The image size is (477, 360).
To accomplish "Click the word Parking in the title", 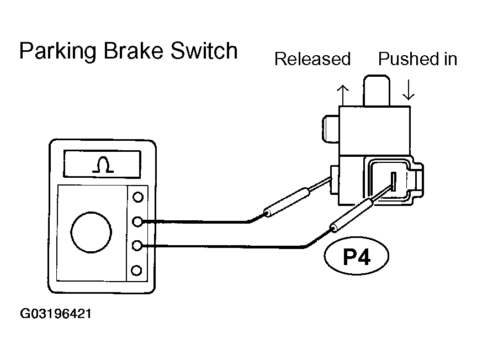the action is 58,51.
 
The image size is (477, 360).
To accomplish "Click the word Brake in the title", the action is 134,50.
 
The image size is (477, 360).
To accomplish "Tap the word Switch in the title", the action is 204,50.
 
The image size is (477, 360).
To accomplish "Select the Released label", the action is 312,59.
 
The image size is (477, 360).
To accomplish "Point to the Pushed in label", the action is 418,59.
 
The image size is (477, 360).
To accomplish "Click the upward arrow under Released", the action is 343,95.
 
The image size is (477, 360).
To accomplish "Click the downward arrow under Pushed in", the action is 409,90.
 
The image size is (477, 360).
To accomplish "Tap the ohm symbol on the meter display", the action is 103,165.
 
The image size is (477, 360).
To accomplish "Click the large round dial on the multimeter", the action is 91,232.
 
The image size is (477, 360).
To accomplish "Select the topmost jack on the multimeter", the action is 138,197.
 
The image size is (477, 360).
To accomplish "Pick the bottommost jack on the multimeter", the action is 136,270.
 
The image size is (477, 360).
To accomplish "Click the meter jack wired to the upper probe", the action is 137,221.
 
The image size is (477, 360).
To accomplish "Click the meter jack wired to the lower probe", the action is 137,245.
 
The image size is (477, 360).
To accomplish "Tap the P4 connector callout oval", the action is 357,256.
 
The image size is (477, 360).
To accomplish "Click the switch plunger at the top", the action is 377,91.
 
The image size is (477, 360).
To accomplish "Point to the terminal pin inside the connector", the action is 394,181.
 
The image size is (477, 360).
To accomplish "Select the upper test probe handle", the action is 287,202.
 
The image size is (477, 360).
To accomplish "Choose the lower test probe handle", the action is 353,215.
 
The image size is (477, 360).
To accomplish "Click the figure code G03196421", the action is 56,314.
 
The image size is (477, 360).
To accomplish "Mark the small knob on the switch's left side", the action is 331,129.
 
